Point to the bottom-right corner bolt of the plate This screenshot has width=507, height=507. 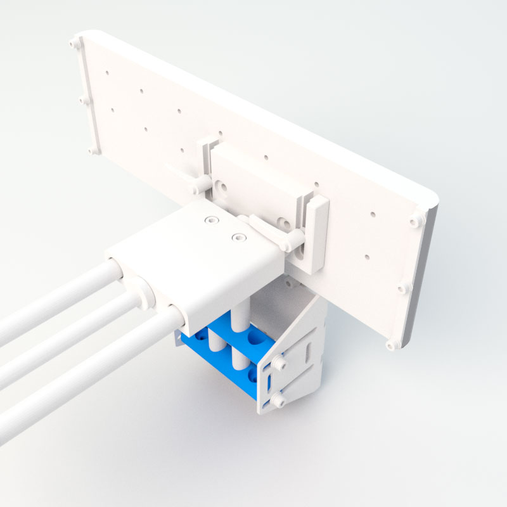click(x=390, y=345)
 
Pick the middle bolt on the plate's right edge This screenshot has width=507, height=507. click(x=404, y=288)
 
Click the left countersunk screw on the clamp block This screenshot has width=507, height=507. click(x=210, y=220)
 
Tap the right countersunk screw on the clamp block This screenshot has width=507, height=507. click(x=238, y=237)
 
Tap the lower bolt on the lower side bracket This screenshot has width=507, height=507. click(x=278, y=401)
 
